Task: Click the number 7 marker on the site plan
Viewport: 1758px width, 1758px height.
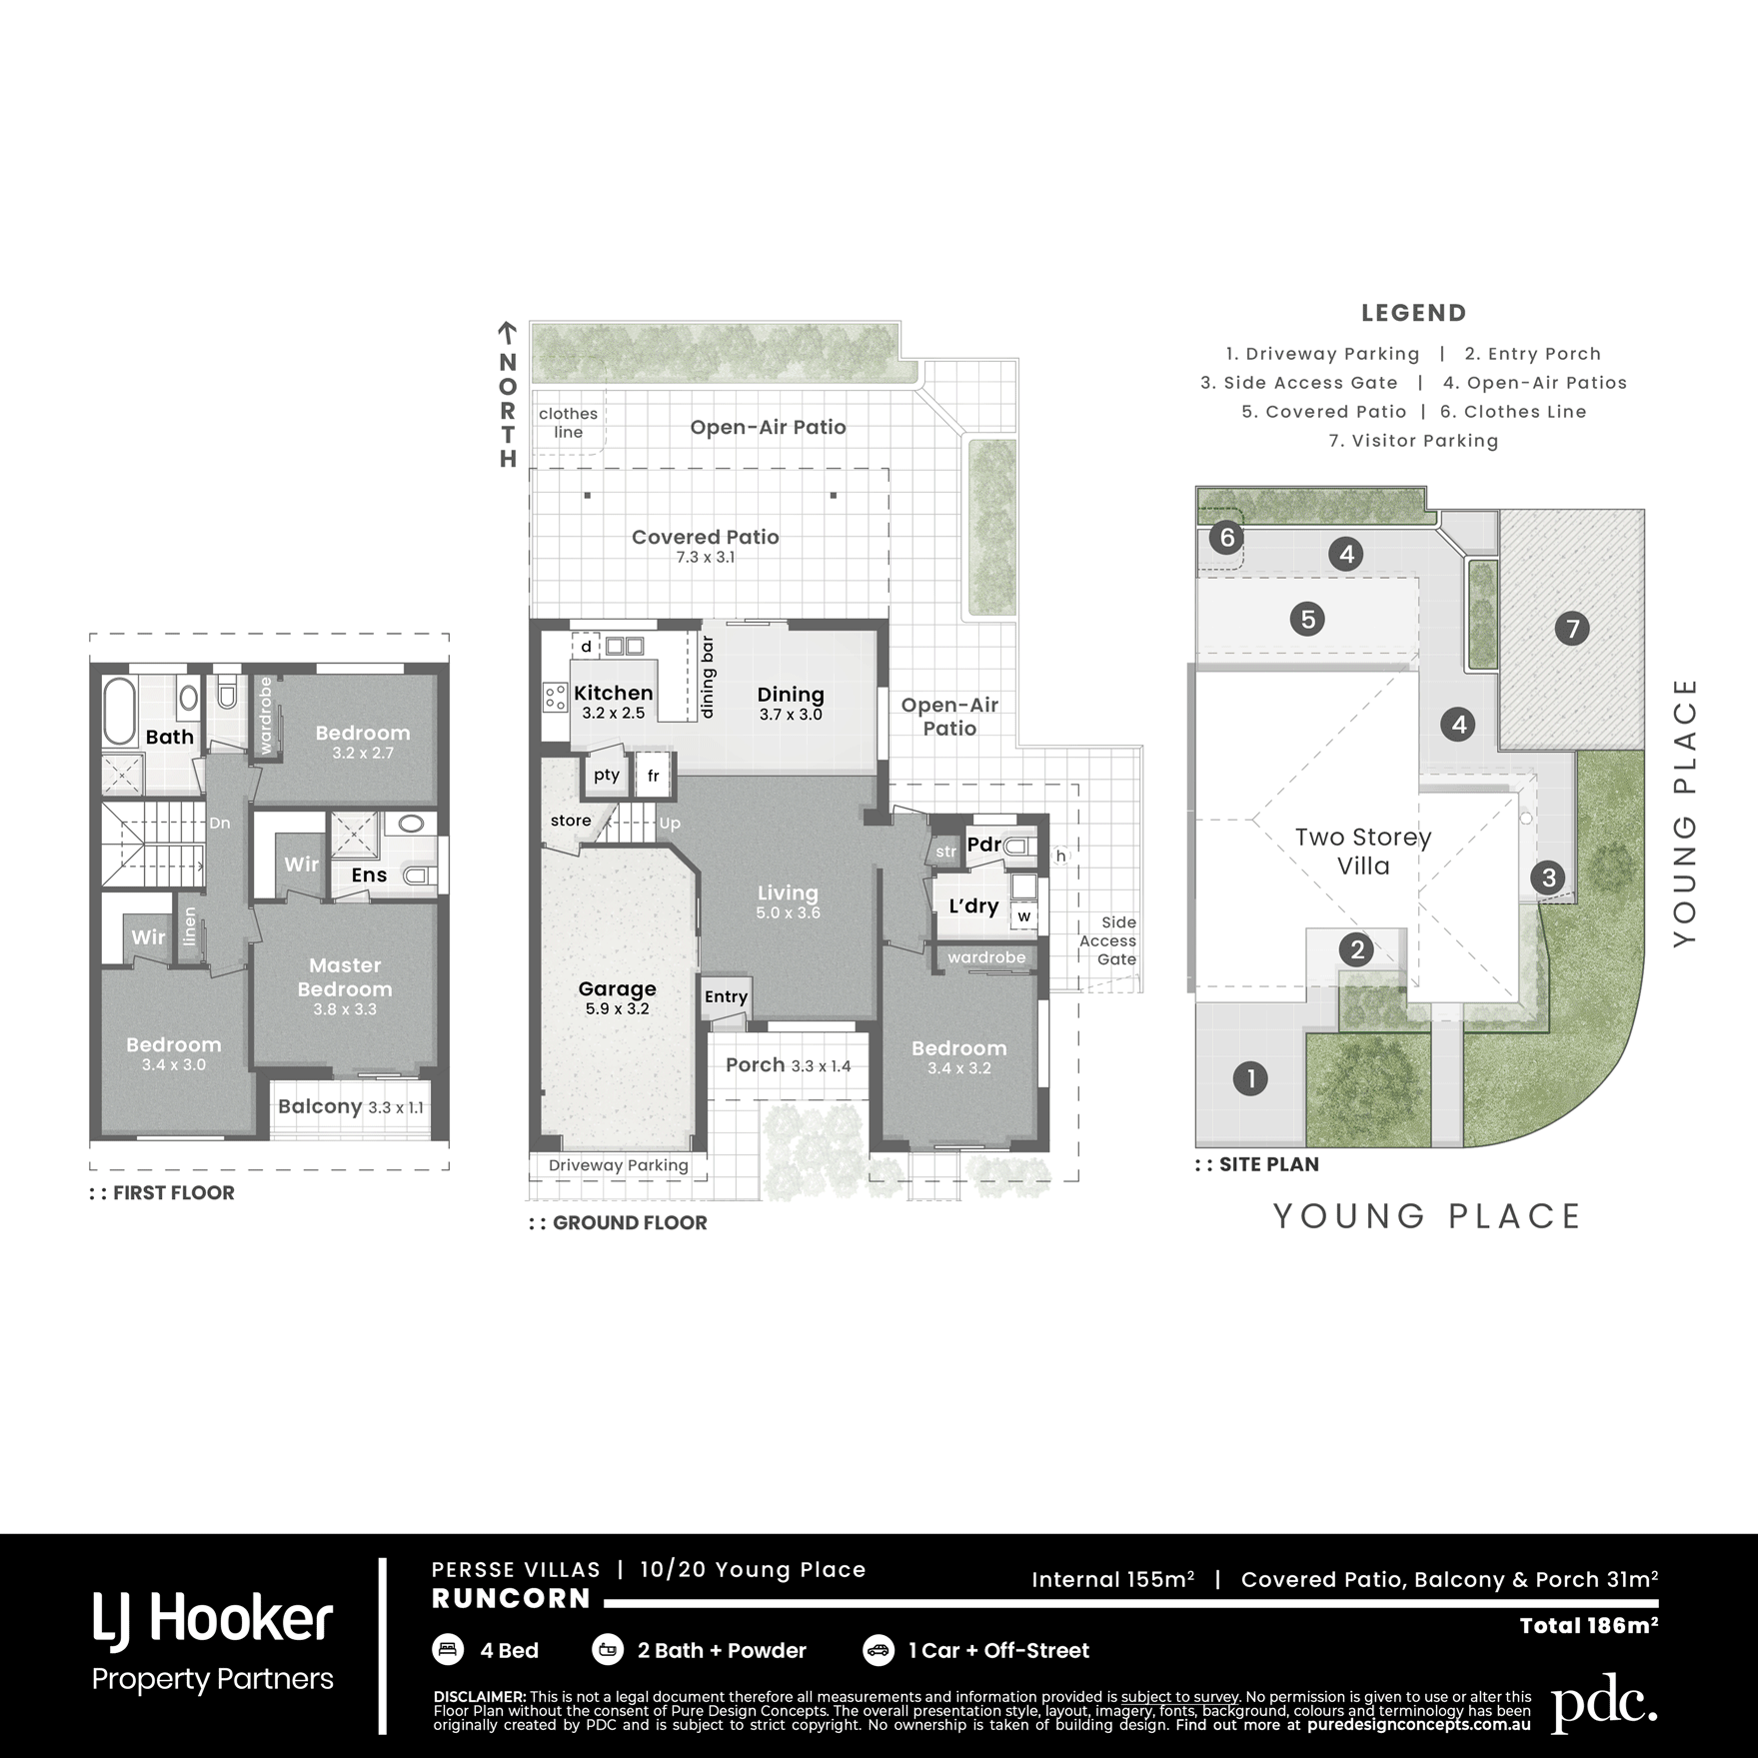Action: point(1572,629)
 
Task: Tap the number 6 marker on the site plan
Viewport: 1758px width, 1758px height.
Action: point(1227,538)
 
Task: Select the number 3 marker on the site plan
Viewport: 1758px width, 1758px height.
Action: point(1548,878)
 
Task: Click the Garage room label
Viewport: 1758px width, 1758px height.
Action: point(618,988)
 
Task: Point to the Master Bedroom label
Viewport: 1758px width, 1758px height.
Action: point(345,976)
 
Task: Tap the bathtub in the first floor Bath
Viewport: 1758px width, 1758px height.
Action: point(120,712)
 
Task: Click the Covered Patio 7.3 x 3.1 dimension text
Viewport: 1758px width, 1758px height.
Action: point(706,558)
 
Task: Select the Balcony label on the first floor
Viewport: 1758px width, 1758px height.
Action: point(320,1106)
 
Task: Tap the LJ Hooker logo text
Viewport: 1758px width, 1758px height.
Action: point(213,1620)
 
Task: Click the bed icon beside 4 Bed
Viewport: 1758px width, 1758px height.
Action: point(448,1649)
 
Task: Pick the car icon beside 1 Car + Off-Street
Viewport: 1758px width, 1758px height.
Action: point(879,1649)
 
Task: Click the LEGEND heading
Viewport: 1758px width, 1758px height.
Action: point(1413,313)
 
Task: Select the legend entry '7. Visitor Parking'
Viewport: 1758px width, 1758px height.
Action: point(1413,441)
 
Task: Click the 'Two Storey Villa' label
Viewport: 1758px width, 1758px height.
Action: point(1363,852)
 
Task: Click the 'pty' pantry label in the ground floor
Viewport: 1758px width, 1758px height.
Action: point(607,776)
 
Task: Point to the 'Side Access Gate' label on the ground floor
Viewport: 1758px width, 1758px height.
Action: point(1108,940)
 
